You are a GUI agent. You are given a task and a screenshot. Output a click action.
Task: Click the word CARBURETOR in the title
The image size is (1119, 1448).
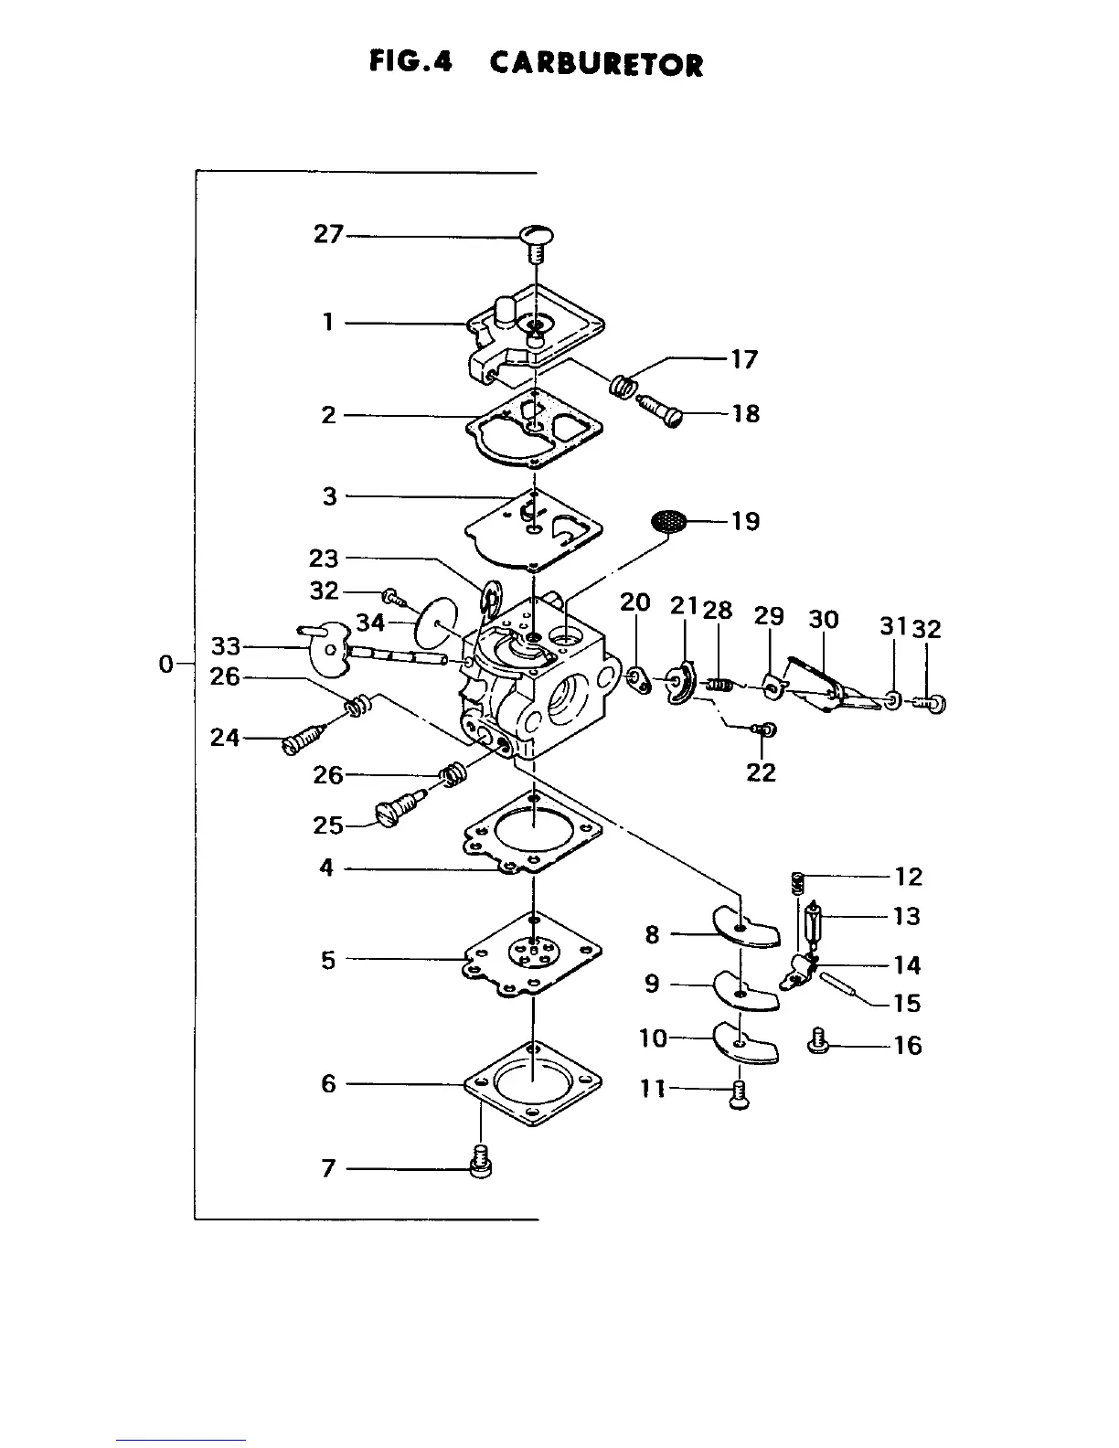point(596,64)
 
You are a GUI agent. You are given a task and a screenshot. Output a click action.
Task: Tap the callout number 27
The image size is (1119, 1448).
point(328,234)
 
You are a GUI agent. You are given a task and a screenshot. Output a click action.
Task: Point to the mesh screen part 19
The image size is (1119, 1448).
point(669,522)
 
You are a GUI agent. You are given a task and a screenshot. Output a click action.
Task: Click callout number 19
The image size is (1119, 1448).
point(745,521)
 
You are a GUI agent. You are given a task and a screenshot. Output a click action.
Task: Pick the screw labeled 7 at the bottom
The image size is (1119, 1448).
point(479,1162)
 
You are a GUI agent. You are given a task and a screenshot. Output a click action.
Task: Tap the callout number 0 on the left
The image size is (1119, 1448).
point(165,664)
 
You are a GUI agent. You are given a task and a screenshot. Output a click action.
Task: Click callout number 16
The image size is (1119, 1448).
point(907,1045)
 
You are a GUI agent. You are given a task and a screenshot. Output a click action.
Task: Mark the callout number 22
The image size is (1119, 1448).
point(761,772)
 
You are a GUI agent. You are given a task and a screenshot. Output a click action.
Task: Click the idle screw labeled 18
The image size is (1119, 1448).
point(663,409)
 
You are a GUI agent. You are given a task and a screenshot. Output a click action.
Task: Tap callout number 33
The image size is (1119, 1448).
point(226,646)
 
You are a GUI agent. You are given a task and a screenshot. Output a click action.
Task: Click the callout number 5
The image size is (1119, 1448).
point(328,960)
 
